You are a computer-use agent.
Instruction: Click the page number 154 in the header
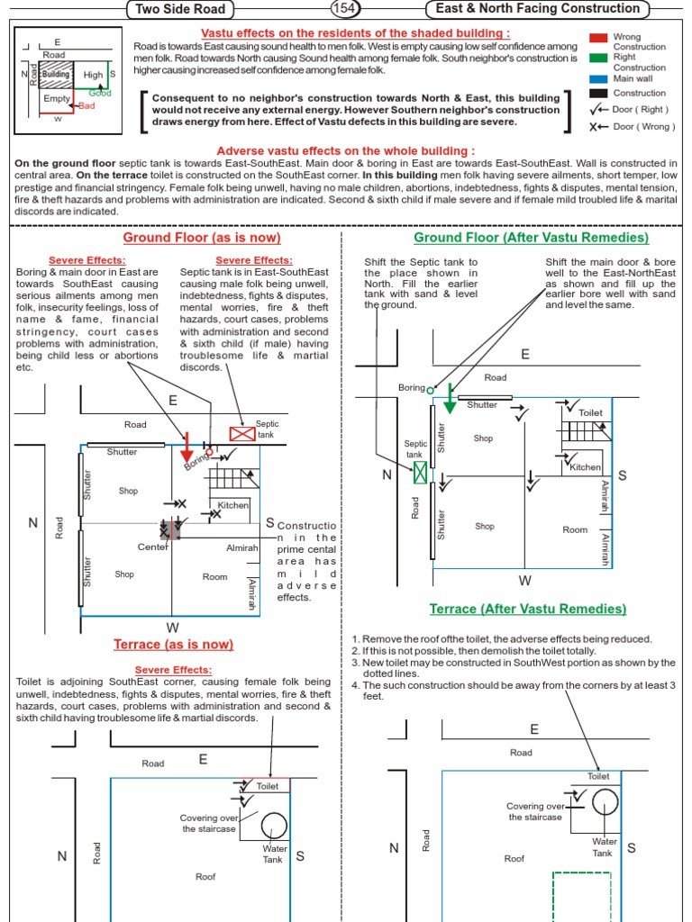344,9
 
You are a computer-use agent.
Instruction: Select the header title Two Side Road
181,10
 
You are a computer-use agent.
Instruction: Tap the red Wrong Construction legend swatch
598,39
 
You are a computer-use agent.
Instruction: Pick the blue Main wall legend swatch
598,78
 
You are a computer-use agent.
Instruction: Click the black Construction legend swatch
598,93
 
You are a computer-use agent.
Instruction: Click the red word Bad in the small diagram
86,105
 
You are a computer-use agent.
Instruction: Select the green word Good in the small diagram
100,93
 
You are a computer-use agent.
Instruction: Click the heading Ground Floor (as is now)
202,238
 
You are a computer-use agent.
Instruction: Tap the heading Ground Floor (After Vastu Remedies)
531,238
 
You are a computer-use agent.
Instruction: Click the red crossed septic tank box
242,434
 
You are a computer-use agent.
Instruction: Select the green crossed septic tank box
420,472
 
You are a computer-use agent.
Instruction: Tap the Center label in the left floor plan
153,547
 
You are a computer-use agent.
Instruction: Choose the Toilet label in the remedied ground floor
590,412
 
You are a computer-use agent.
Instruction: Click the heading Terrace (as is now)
173,644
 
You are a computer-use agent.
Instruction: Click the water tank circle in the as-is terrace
274,824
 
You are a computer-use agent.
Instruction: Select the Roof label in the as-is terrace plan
205,876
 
